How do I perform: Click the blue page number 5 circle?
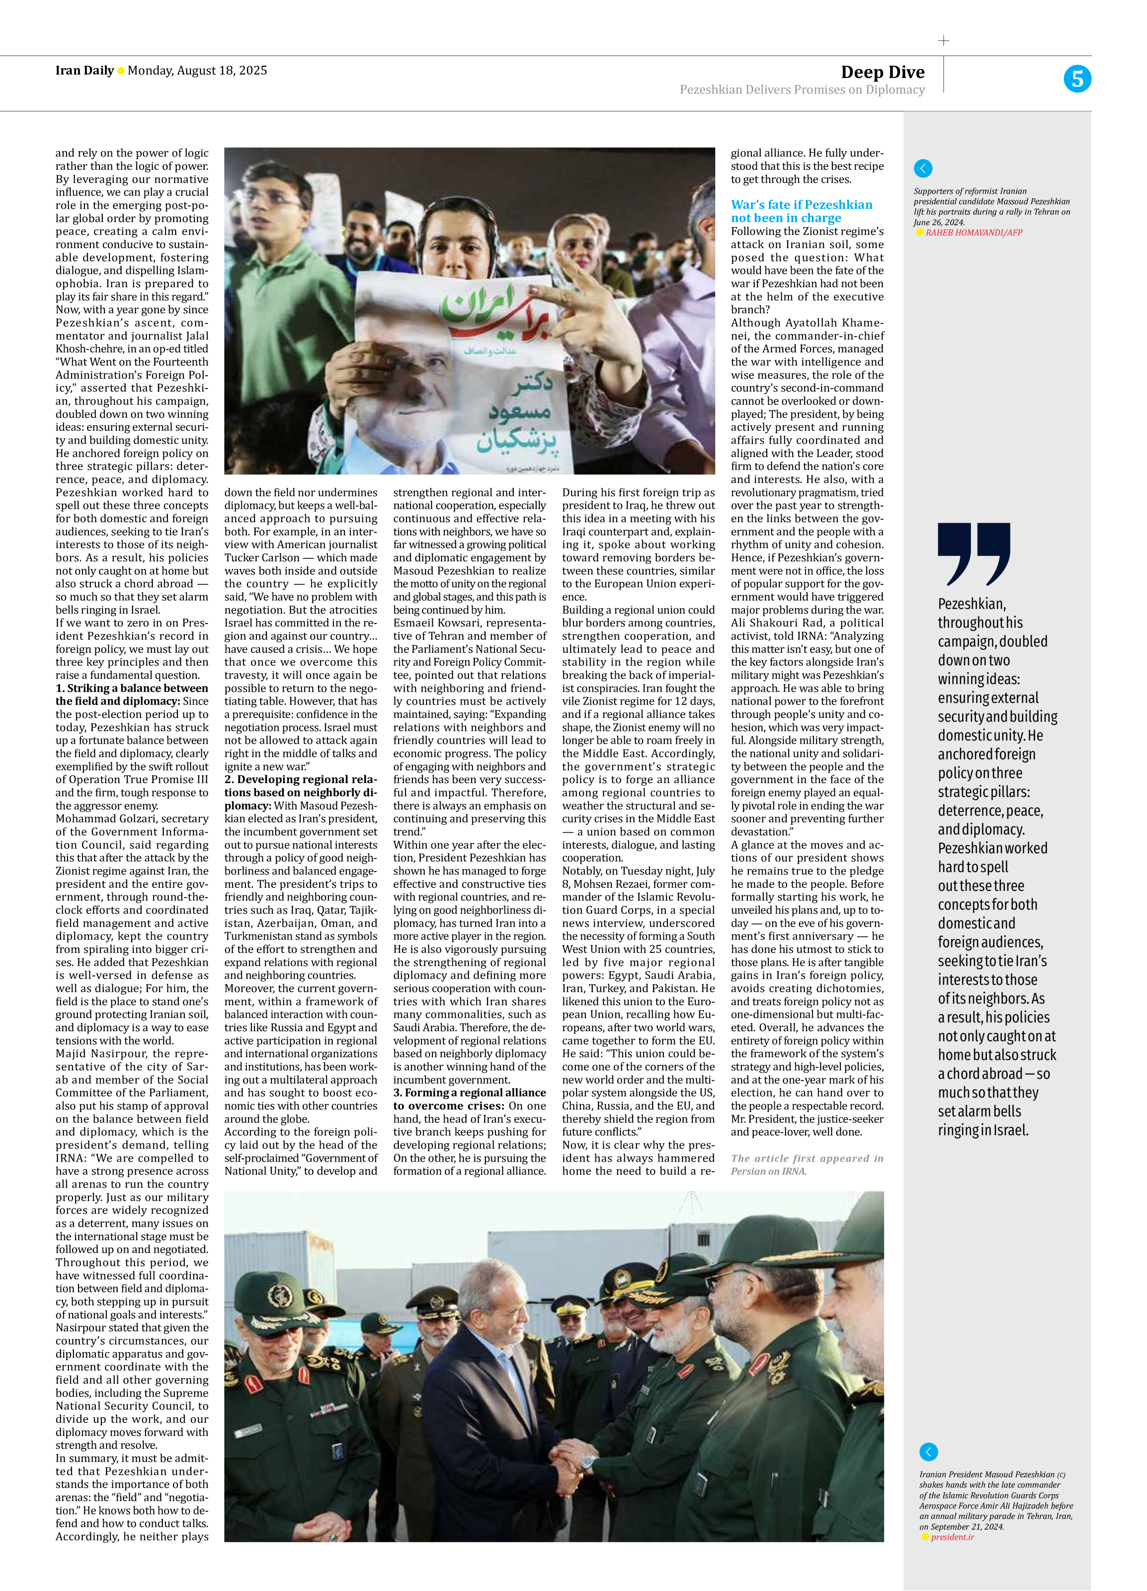[1076, 78]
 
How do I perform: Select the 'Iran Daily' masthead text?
[84, 70]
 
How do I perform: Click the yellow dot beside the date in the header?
[121, 71]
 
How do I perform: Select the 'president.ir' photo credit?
[952, 1537]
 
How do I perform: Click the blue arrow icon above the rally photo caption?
[923, 168]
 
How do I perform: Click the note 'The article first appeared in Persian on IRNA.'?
[806, 1164]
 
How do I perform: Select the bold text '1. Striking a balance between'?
[132, 688]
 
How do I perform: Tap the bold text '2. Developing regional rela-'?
[300, 779]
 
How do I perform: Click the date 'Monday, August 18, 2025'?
[197, 70]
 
